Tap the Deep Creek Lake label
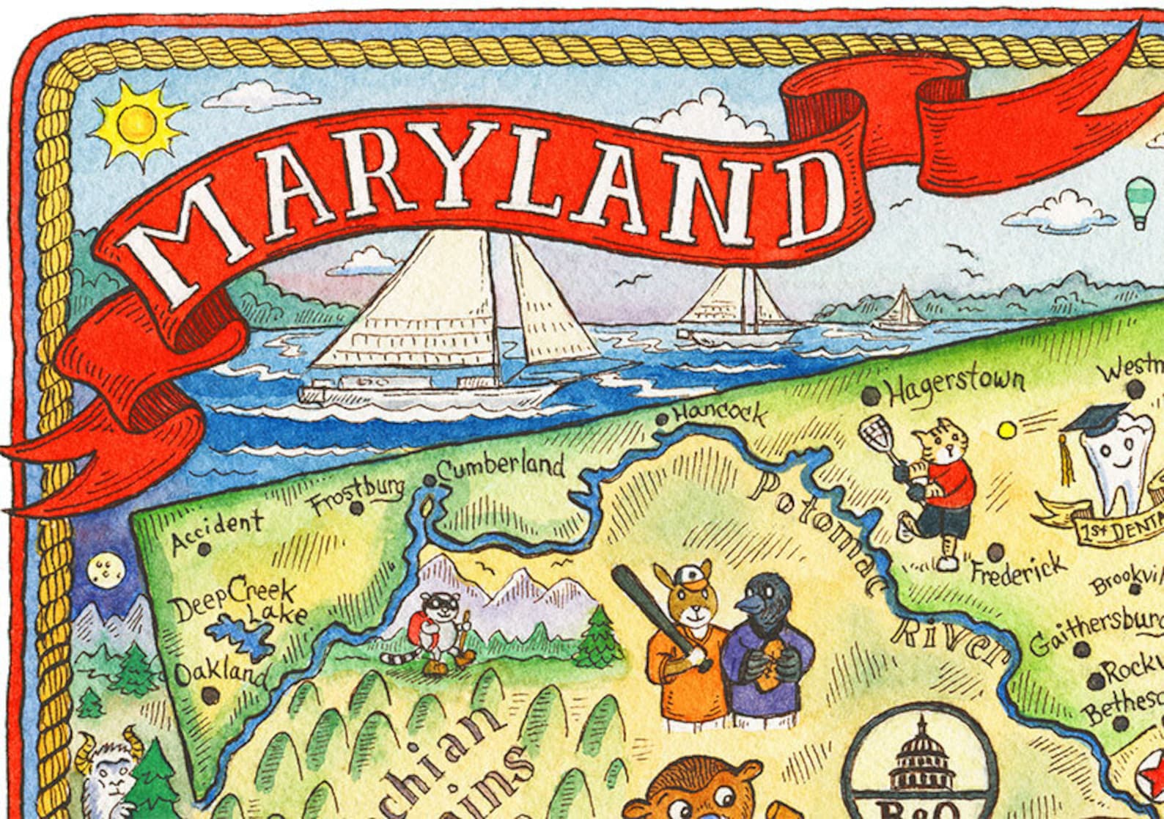233,600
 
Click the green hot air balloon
1141,198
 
